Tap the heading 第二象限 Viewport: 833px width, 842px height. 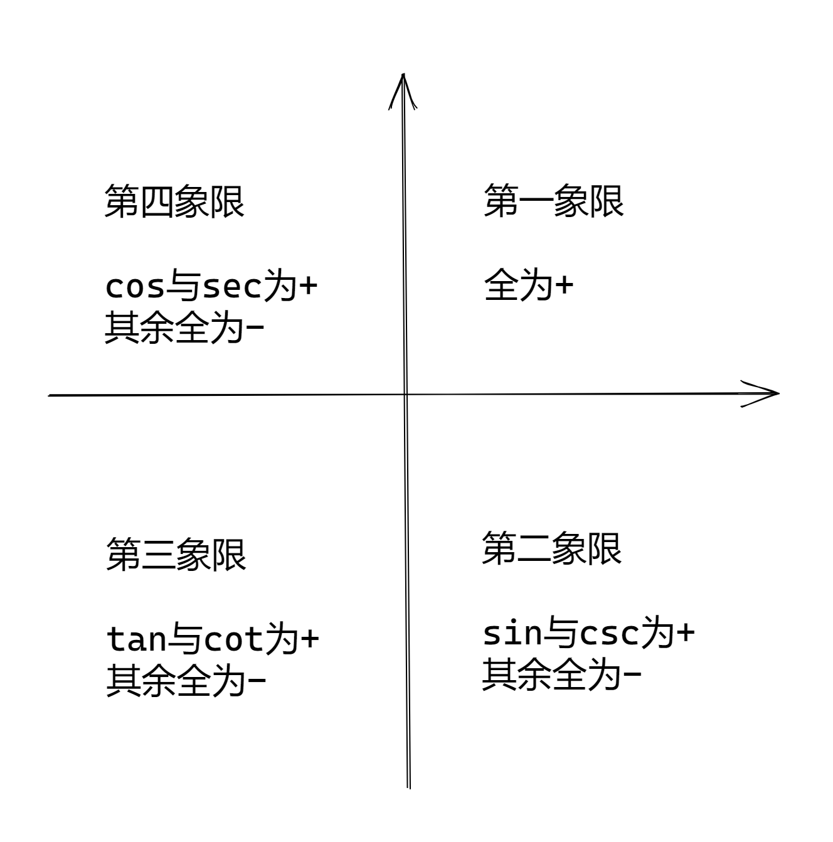tap(551, 548)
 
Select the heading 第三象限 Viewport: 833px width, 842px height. tap(176, 555)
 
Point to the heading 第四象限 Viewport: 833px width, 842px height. tap(174, 201)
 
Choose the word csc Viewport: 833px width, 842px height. tap(609, 634)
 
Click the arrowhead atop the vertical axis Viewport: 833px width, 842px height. tap(403, 91)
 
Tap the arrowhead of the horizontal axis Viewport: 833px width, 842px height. tap(760, 393)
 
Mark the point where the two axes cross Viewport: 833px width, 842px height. tap(405, 395)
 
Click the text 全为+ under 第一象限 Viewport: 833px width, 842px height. tap(528, 285)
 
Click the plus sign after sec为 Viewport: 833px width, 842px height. tap(308, 287)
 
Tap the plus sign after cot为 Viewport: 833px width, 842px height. tap(310, 639)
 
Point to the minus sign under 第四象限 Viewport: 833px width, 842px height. tap(255, 326)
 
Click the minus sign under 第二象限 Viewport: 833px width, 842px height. tap(632, 674)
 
